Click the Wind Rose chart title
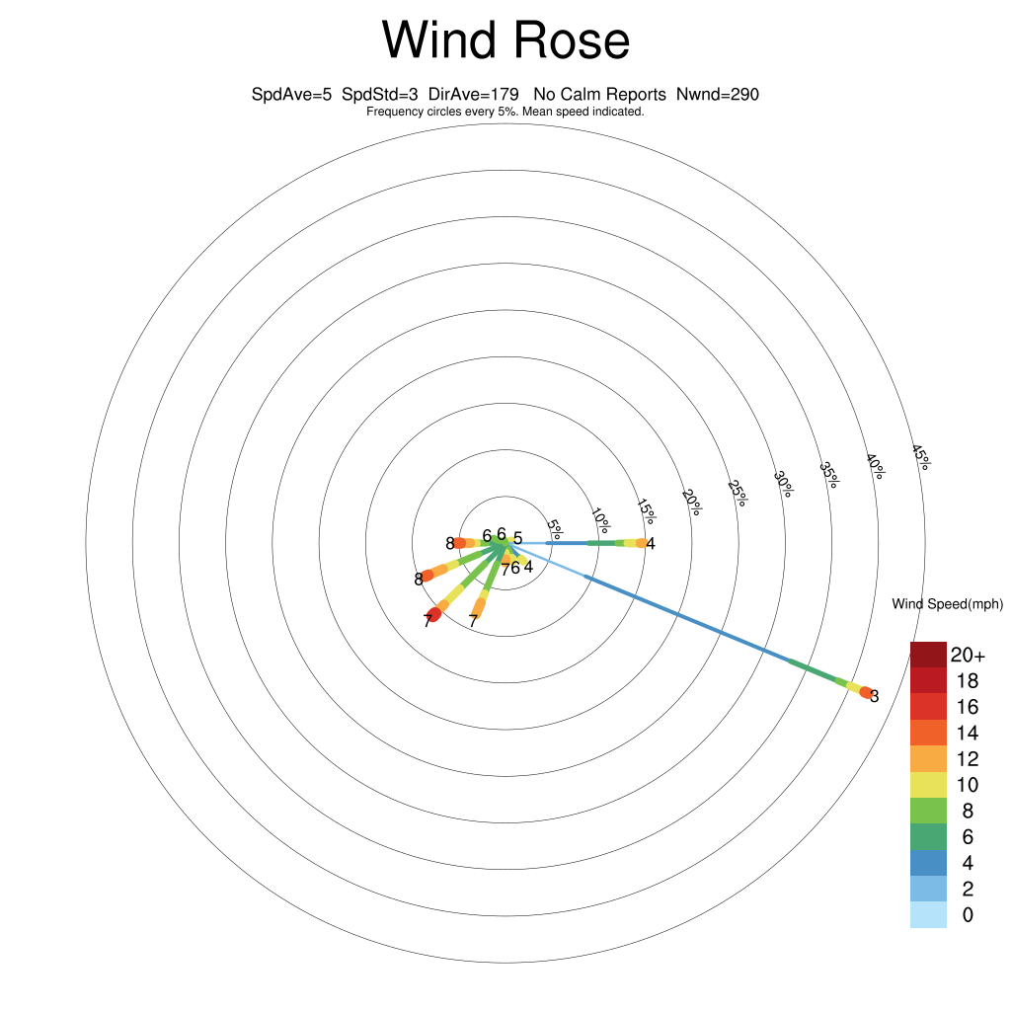coord(505,39)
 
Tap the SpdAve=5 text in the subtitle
coord(291,94)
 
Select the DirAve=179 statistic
coord(473,94)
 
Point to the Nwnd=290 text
coord(718,94)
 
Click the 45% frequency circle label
coord(921,458)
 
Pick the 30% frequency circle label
coord(783,484)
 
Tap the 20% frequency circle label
coord(691,503)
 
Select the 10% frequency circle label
coord(600,521)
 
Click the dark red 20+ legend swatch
coord(928,655)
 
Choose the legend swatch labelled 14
coord(928,733)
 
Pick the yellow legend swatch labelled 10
coord(928,785)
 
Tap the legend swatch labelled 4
coord(928,863)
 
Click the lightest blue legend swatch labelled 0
coord(928,915)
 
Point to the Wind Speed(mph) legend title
coord(947,604)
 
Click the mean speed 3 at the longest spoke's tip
coord(875,696)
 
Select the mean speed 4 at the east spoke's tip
coord(651,544)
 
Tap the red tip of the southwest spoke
coord(433,614)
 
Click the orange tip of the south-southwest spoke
coord(478,607)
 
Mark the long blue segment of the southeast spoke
coord(687,619)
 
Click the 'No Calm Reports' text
coord(599,94)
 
